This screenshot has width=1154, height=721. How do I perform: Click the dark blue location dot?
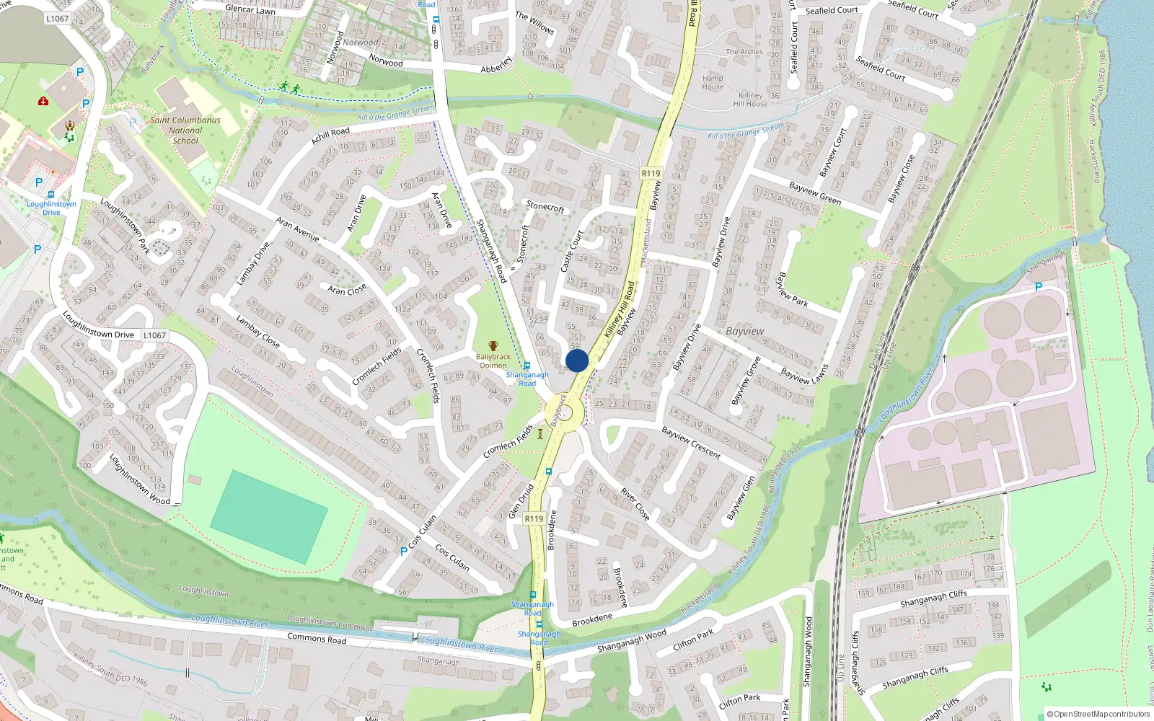click(x=577, y=360)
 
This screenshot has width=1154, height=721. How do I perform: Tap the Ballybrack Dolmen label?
click(x=493, y=360)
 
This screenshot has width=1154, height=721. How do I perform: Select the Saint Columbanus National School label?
click(x=185, y=131)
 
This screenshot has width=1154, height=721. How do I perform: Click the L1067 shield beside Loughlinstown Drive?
click(x=154, y=335)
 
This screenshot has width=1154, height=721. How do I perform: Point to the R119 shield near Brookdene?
click(x=534, y=518)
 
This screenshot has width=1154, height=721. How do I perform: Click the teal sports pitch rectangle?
click(x=269, y=516)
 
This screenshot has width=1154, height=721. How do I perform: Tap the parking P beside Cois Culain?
click(x=403, y=551)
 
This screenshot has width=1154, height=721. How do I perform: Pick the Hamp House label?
click(x=713, y=82)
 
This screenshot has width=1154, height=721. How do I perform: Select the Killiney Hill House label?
click(x=750, y=99)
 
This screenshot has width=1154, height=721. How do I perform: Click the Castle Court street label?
click(x=571, y=251)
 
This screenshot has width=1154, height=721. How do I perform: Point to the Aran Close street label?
click(x=347, y=289)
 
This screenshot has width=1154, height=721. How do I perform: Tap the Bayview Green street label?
click(x=815, y=193)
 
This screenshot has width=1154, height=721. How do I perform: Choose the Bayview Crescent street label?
click(x=691, y=443)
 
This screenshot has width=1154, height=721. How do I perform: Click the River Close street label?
click(x=635, y=503)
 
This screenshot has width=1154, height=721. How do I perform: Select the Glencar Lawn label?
click(x=250, y=9)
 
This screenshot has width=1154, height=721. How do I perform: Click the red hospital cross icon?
click(x=43, y=101)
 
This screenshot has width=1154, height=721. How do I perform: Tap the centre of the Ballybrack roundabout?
click(x=568, y=413)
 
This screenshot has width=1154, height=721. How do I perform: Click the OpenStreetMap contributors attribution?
click(x=1098, y=714)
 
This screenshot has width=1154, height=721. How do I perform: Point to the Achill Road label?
click(x=330, y=136)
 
